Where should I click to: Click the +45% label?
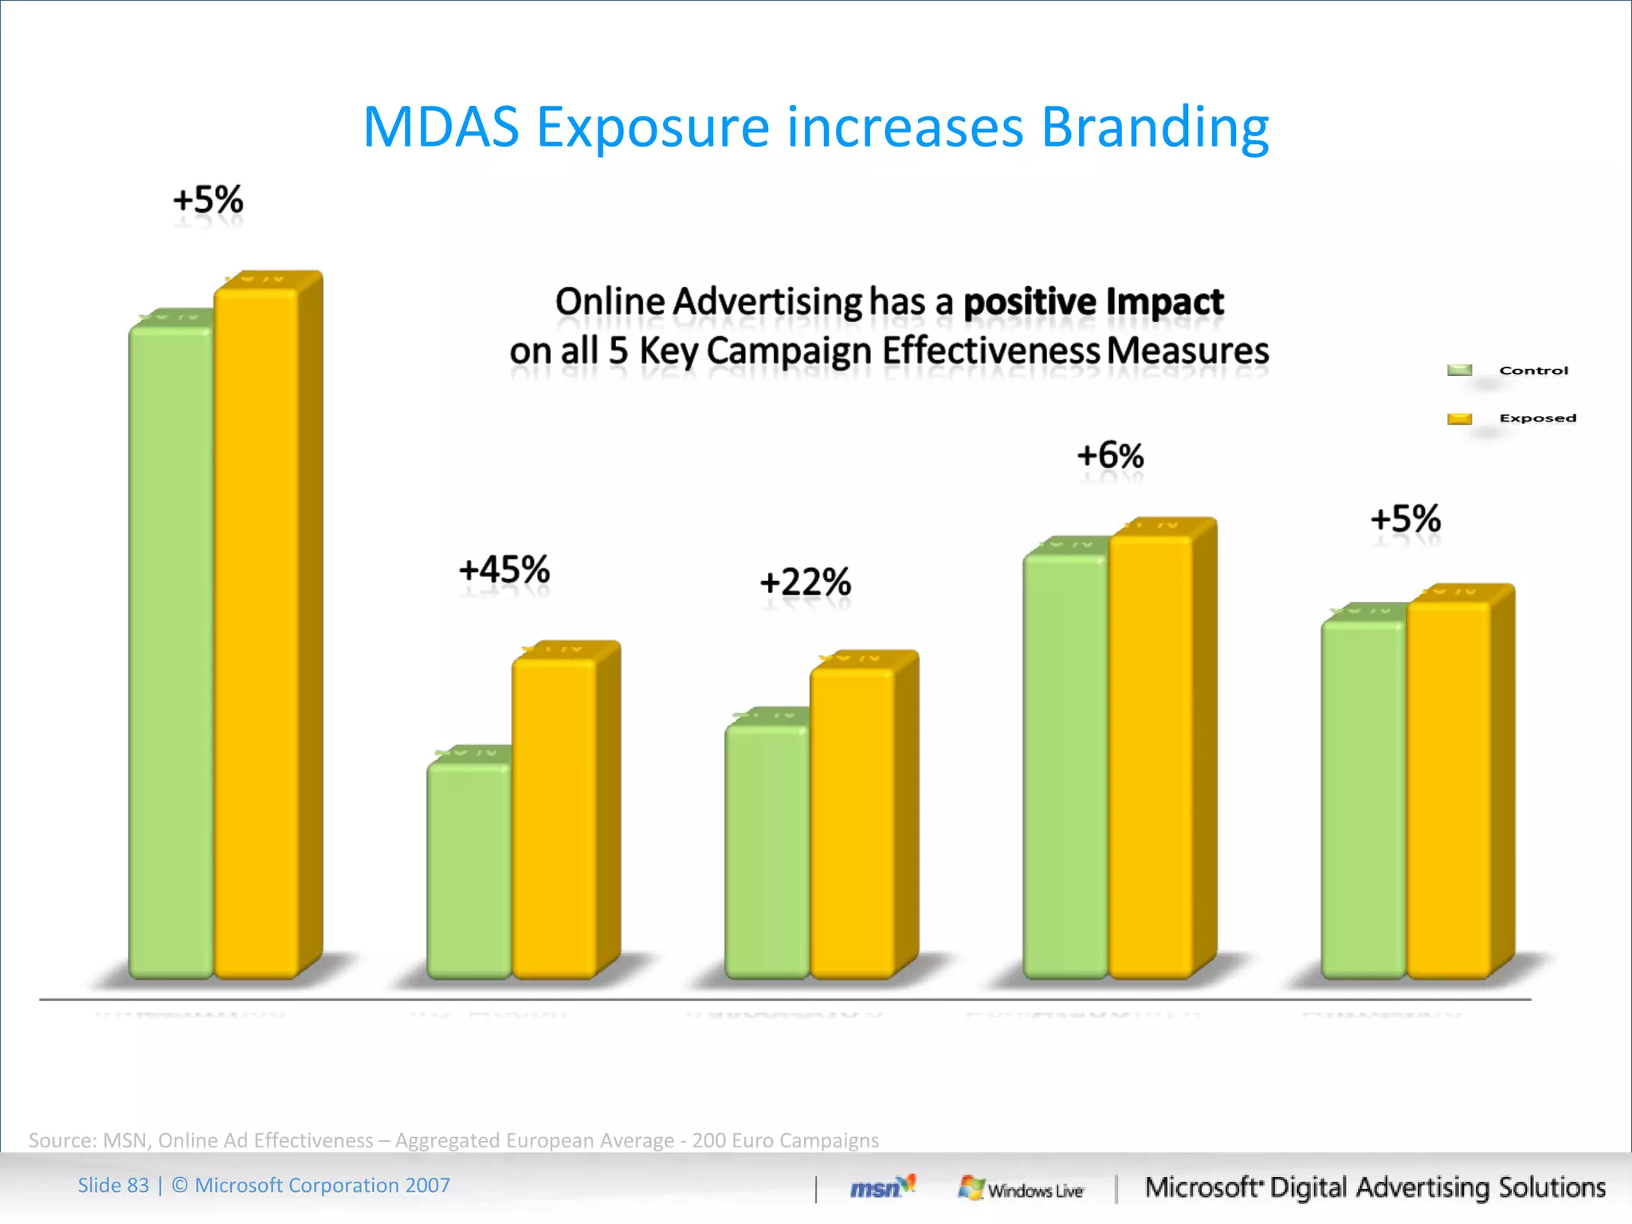click(x=504, y=571)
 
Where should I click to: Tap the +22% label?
click(x=806, y=583)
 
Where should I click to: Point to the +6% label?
click(x=1110, y=456)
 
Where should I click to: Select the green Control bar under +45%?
click(x=469, y=869)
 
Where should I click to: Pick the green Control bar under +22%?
click(x=767, y=849)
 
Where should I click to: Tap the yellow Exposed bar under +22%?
click(x=852, y=821)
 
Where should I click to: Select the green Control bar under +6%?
click(x=1065, y=765)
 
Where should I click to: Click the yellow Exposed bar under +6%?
click(x=1150, y=757)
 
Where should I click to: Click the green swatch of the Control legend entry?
click(x=1459, y=370)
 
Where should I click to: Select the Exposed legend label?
click(x=1537, y=418)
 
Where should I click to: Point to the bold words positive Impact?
click(x=1093, y=302)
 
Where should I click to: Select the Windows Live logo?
click(x=1021, y=1188)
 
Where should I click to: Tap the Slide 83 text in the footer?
click(x=113, y=1186)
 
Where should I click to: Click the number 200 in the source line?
click(x=708, y=1140)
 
